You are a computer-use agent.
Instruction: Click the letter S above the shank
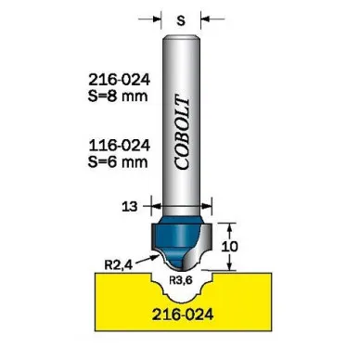(181, 20)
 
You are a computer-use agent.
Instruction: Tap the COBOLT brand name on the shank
(182, 134)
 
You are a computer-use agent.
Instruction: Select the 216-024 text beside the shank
(119, 80)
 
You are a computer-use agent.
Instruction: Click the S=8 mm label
(118, 96)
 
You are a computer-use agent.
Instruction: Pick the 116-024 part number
(119, 146)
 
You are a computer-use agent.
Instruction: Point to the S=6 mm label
(118, 161)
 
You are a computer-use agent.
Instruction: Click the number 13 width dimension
(130, 206)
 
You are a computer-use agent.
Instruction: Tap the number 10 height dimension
(230, 247)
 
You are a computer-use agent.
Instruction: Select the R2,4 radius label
(118, 265)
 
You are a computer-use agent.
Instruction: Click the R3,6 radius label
(181, 280)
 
